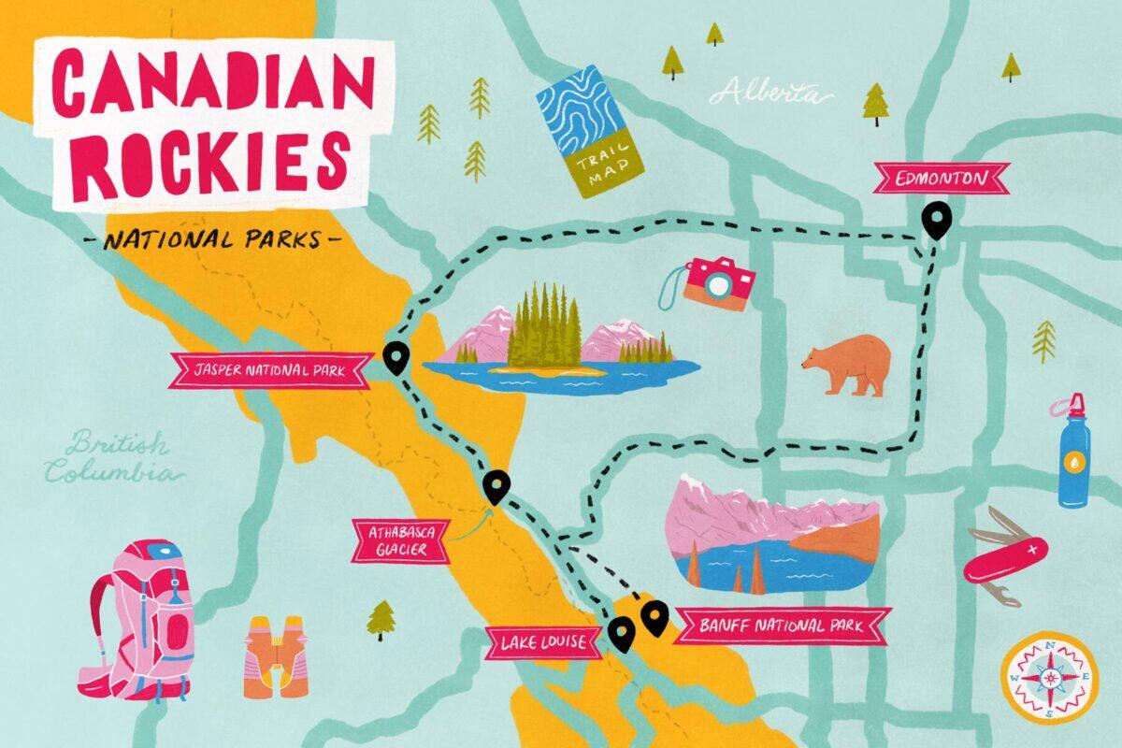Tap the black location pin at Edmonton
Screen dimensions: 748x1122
pyautogui.click(x=935, y=220)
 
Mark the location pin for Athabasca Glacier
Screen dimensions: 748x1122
pyautogui.click(x=496, y=485)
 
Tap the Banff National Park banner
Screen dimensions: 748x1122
pyautogui.click(x=781, y=626)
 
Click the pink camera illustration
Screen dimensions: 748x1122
pyautogui.click(x=715, y=282)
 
